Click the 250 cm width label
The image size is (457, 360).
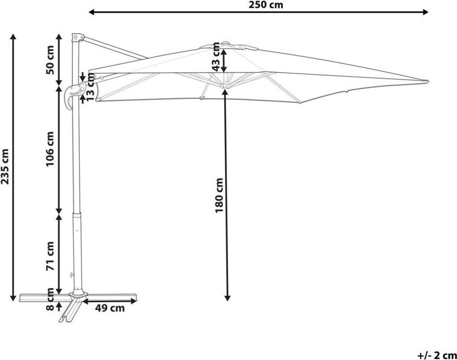pos(266,5)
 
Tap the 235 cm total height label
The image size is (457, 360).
pos(5,166)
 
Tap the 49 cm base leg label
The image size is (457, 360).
pos(111,308)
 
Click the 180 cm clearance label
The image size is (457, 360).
pos(219,195)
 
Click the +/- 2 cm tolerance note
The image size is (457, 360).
pos(436,355)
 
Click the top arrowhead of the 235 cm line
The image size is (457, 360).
pos(14,36)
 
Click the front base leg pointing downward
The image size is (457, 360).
pos(68,314)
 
